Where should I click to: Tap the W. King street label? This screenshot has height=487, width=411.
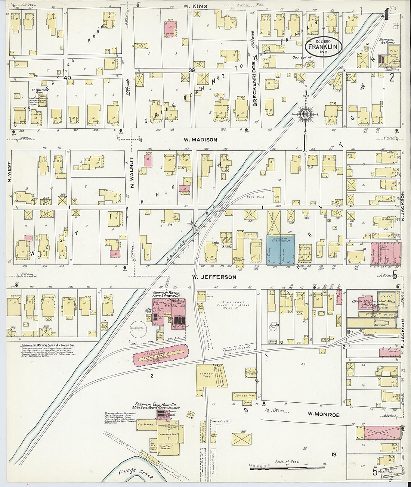[195, 6]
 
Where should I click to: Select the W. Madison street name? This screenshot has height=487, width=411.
[200, 140]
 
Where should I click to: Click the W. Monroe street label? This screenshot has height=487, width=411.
[324, 414]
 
